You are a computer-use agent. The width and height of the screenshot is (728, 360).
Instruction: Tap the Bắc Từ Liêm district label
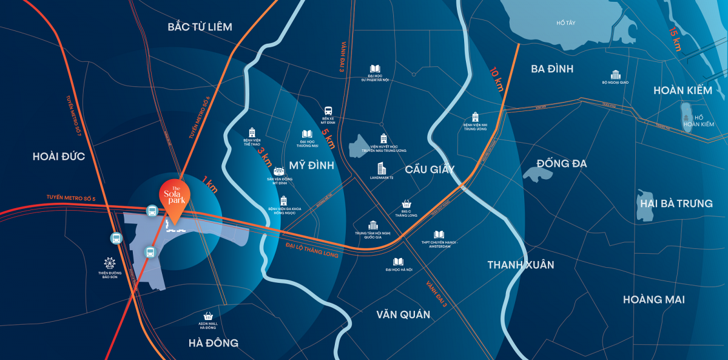200,27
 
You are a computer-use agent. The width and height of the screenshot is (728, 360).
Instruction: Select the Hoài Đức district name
58,157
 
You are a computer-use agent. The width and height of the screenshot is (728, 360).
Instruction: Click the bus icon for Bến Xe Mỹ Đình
328,111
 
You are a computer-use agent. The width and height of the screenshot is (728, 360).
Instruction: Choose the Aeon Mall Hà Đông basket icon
209,316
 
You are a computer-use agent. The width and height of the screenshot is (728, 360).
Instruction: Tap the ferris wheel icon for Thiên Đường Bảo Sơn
110,263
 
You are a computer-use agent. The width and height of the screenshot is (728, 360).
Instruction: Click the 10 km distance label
496,78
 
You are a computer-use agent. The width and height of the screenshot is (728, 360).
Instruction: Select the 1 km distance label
211,184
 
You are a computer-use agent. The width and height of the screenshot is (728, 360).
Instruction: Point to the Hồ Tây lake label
565,23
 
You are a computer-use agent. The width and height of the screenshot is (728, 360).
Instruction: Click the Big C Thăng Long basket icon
406,205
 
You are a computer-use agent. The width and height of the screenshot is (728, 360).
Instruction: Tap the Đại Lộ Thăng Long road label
311,250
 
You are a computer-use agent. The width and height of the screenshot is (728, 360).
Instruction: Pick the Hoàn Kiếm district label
682,90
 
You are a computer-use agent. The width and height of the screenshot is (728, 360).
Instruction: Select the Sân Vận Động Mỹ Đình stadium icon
280,172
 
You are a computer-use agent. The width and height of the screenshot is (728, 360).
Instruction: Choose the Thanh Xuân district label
521,265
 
